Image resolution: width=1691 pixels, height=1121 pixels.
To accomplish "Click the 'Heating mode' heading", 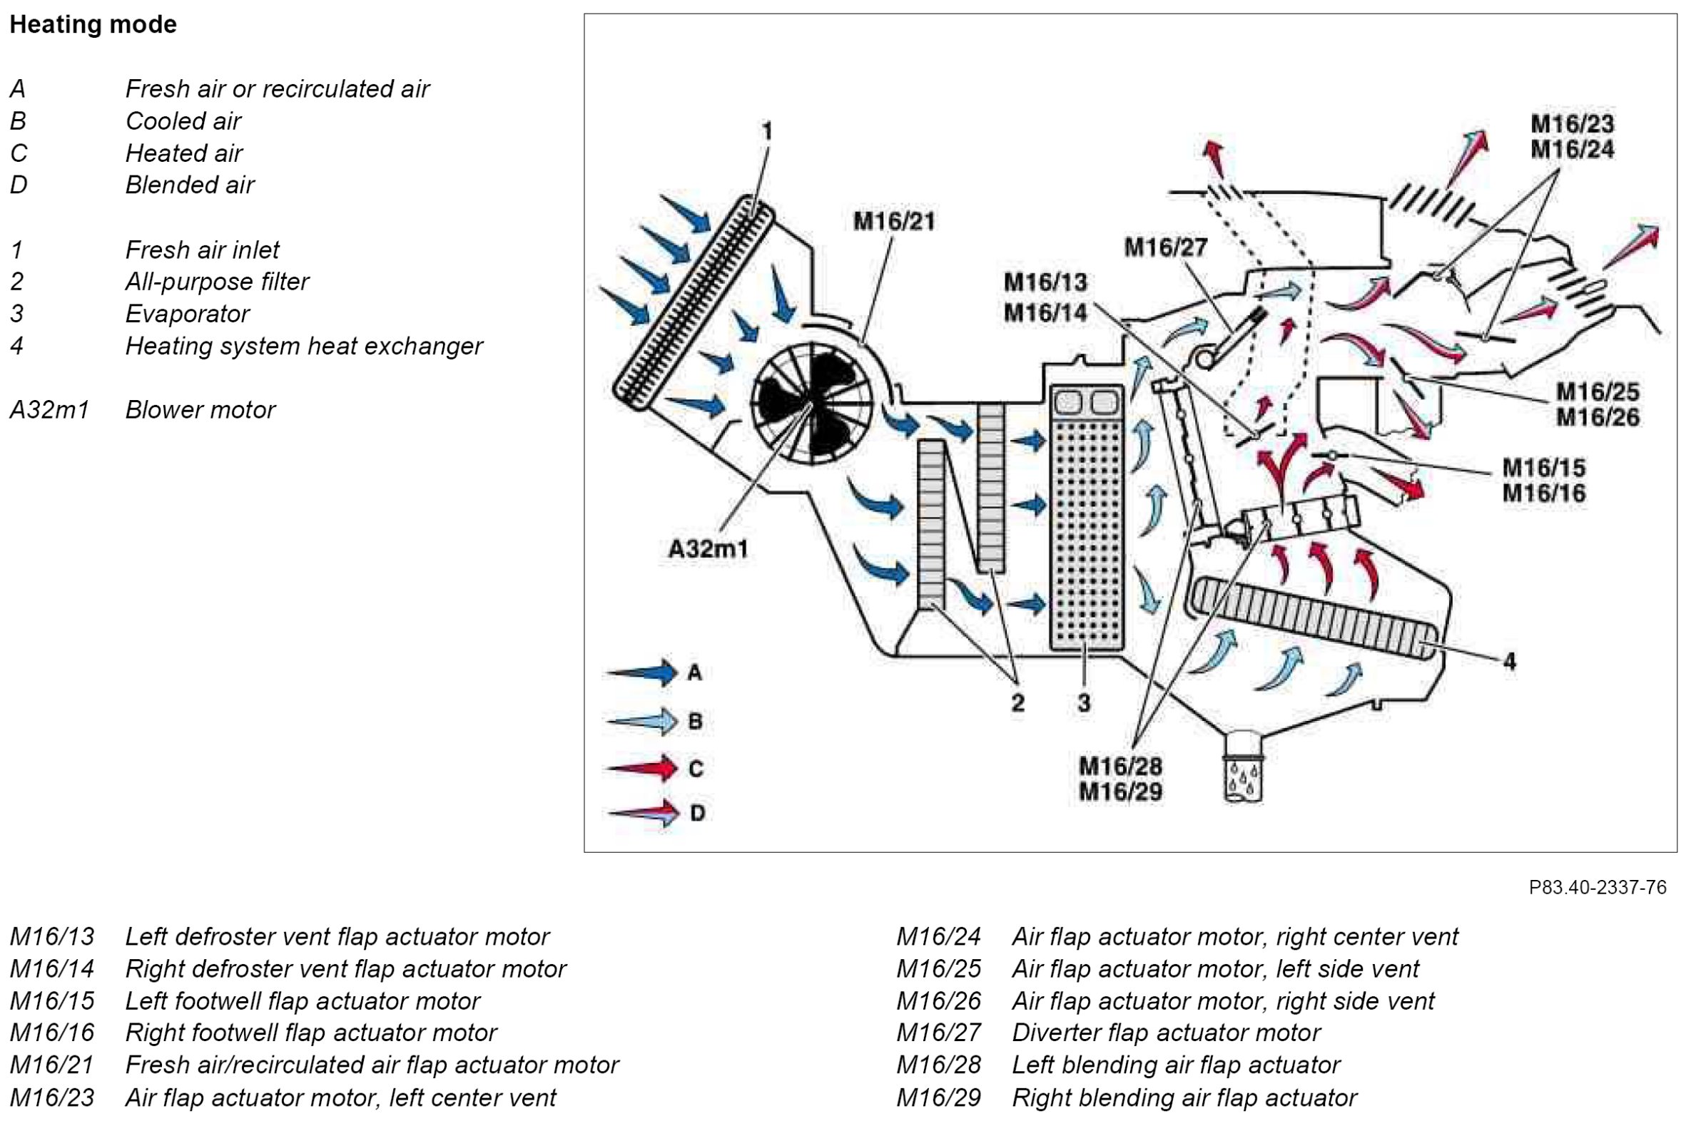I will tap(93, 24).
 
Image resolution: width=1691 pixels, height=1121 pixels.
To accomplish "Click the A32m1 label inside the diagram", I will tap(708, 549).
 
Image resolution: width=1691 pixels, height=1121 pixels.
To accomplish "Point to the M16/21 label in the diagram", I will tap(894, 221).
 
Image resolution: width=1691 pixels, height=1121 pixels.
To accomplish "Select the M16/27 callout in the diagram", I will tap(1166, 247).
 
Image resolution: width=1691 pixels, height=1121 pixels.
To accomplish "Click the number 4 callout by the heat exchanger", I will tap(1509, 661).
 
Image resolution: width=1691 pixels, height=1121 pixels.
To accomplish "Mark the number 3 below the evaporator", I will tap(1085, 703).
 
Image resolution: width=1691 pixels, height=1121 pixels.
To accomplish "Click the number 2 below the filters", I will tap(1018, 703).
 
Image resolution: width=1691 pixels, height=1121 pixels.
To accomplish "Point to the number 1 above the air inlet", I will tap(767, 131).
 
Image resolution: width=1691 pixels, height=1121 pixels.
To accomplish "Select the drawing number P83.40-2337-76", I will tap(1598, 887).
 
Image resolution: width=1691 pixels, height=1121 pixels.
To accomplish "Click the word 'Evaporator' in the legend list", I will tap(188, 314).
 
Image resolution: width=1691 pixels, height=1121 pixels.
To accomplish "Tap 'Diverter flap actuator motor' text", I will tap(1166, 1033).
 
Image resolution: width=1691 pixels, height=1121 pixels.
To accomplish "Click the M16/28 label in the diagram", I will tap(1120, 767).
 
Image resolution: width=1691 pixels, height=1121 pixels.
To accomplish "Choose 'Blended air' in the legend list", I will tap(190, 185).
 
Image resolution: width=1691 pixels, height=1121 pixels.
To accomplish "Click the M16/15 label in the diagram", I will tap(1543, 468).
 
